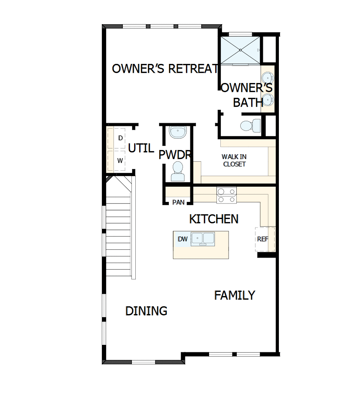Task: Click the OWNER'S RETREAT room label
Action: pyautogui.click(x=165, y=69)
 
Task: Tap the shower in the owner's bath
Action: pyautogui.click(x=240, y=50)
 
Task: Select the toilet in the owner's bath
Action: pyautogui.click(x=250, y=125)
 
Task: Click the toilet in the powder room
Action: pyautogui.click(x=178, y=172)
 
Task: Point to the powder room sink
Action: pyautogui.click(x=178, y=132)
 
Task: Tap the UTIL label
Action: pyautogui.click(x=141, y=148)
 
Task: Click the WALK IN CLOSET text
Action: pyautogui.click(x=234, y=161)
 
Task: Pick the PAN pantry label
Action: pyautogui.click(x=178, y=202)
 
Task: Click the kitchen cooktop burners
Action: pyautogui.click(x=227, y=195)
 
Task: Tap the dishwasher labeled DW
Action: pyautogui.click(x=183, y=239)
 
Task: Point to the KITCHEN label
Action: pyautogui.click(x=214, y=219)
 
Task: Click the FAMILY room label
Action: pyautogui.click(x=235, y=295)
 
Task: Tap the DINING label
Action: pyautogui.click(x=146, y=311)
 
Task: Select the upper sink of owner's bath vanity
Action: pyautogui.click(x=268, y=76)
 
